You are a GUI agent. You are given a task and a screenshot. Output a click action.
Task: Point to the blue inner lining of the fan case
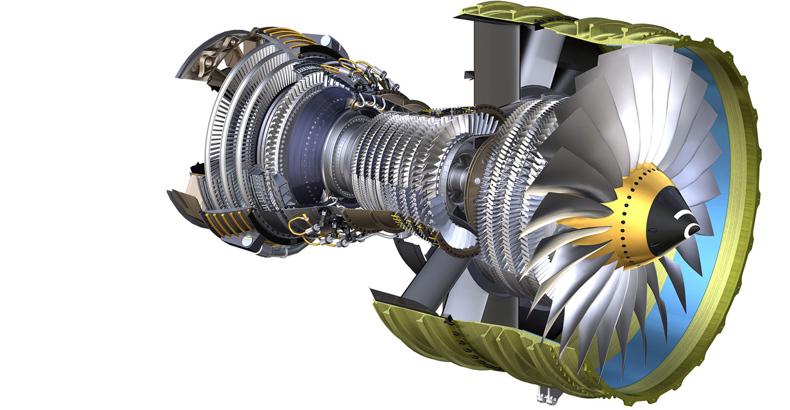718,307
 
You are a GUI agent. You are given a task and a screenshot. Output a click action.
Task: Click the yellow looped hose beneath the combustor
298,225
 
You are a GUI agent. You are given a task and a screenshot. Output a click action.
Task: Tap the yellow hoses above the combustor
354,67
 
